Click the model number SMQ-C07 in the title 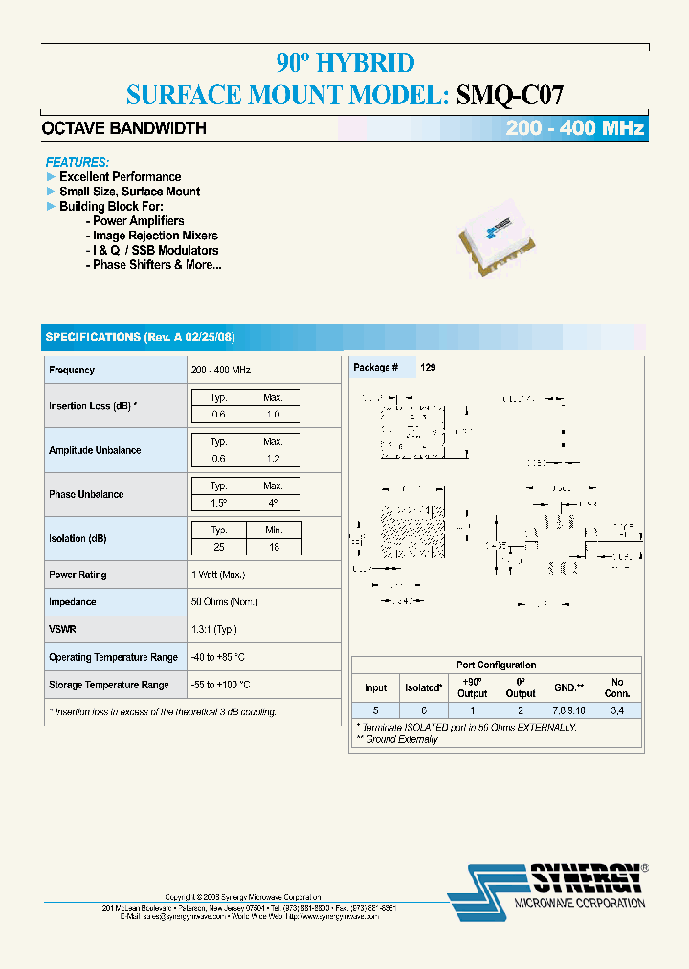510,94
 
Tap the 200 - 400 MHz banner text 575,129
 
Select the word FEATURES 78,162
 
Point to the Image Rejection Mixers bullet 155,236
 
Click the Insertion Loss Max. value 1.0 273,415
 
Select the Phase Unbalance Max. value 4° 273,503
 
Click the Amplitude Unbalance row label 95,450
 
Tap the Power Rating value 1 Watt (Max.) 218,575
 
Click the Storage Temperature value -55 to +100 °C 221,685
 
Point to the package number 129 428,368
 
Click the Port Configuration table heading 496,665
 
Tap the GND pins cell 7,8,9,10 568,710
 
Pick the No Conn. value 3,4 617,710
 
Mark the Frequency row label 72,370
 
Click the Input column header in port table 376,687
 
